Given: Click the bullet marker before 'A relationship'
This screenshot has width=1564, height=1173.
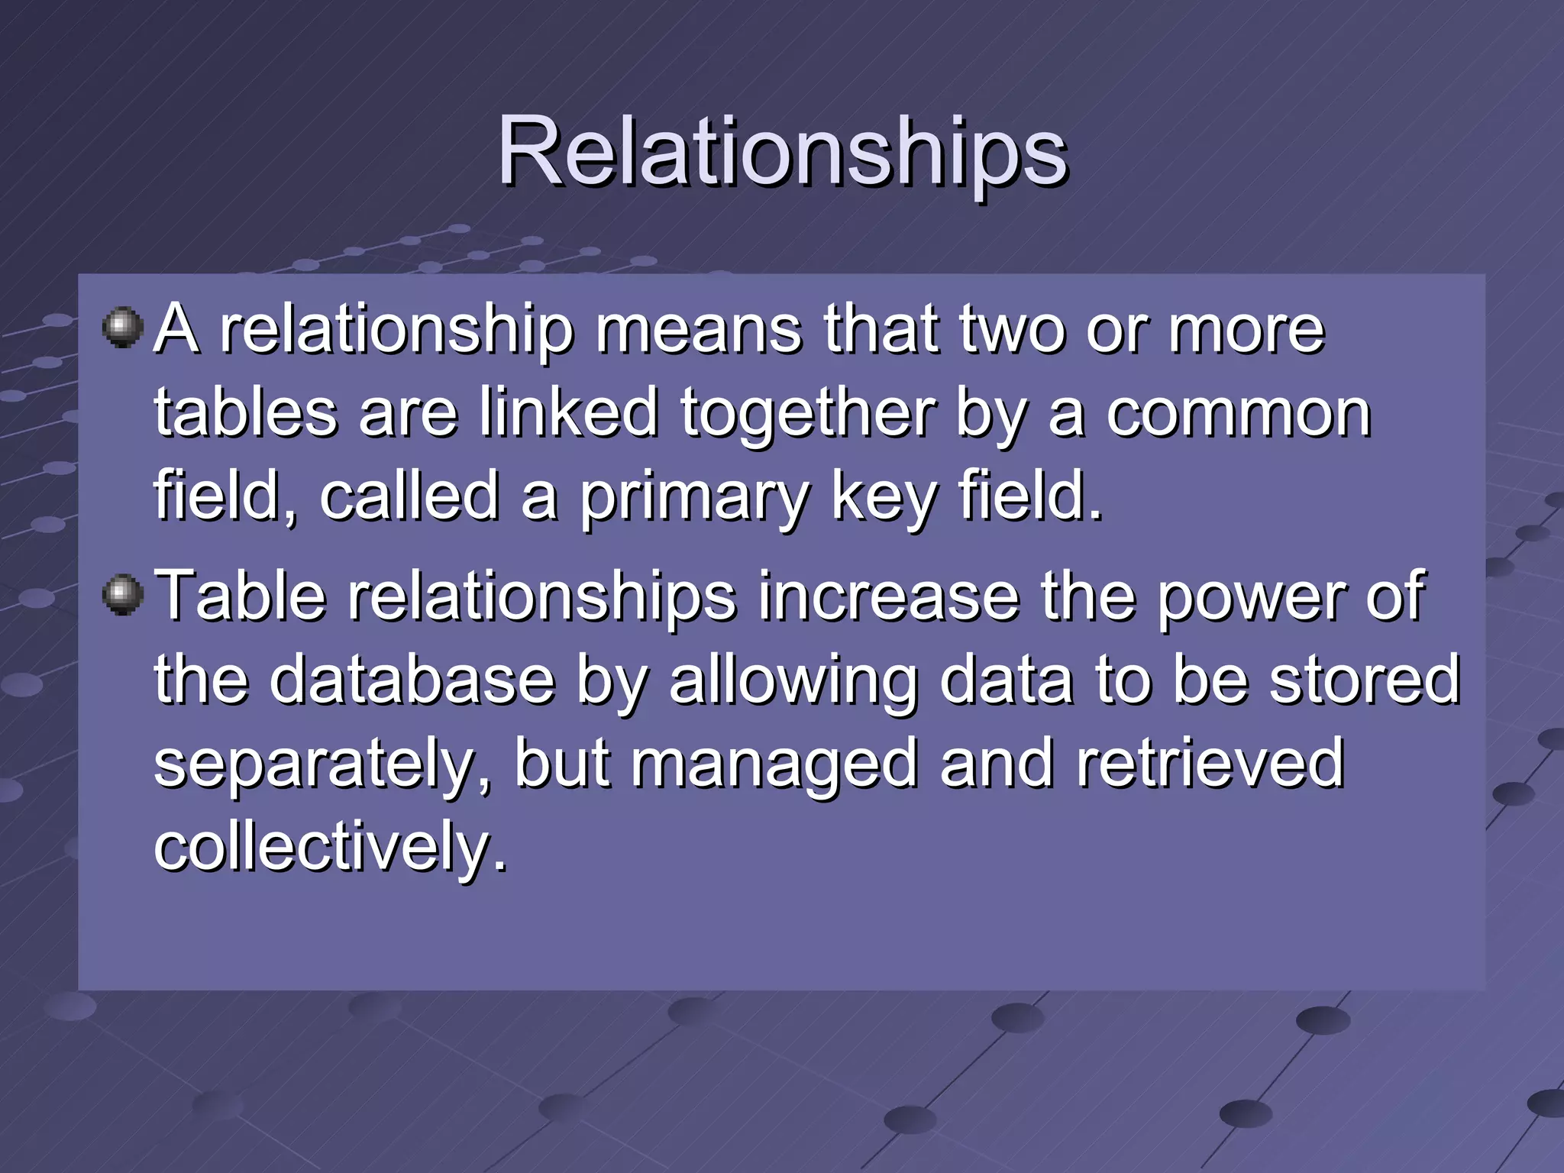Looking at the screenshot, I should point(122,328).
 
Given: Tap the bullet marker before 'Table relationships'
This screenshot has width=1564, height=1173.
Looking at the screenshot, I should point(122,595).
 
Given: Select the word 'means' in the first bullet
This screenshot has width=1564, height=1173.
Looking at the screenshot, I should point(698,330).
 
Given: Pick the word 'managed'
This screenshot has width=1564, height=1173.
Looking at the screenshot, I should point(774,766).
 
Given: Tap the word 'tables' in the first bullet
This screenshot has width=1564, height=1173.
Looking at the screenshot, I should point(245,413).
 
